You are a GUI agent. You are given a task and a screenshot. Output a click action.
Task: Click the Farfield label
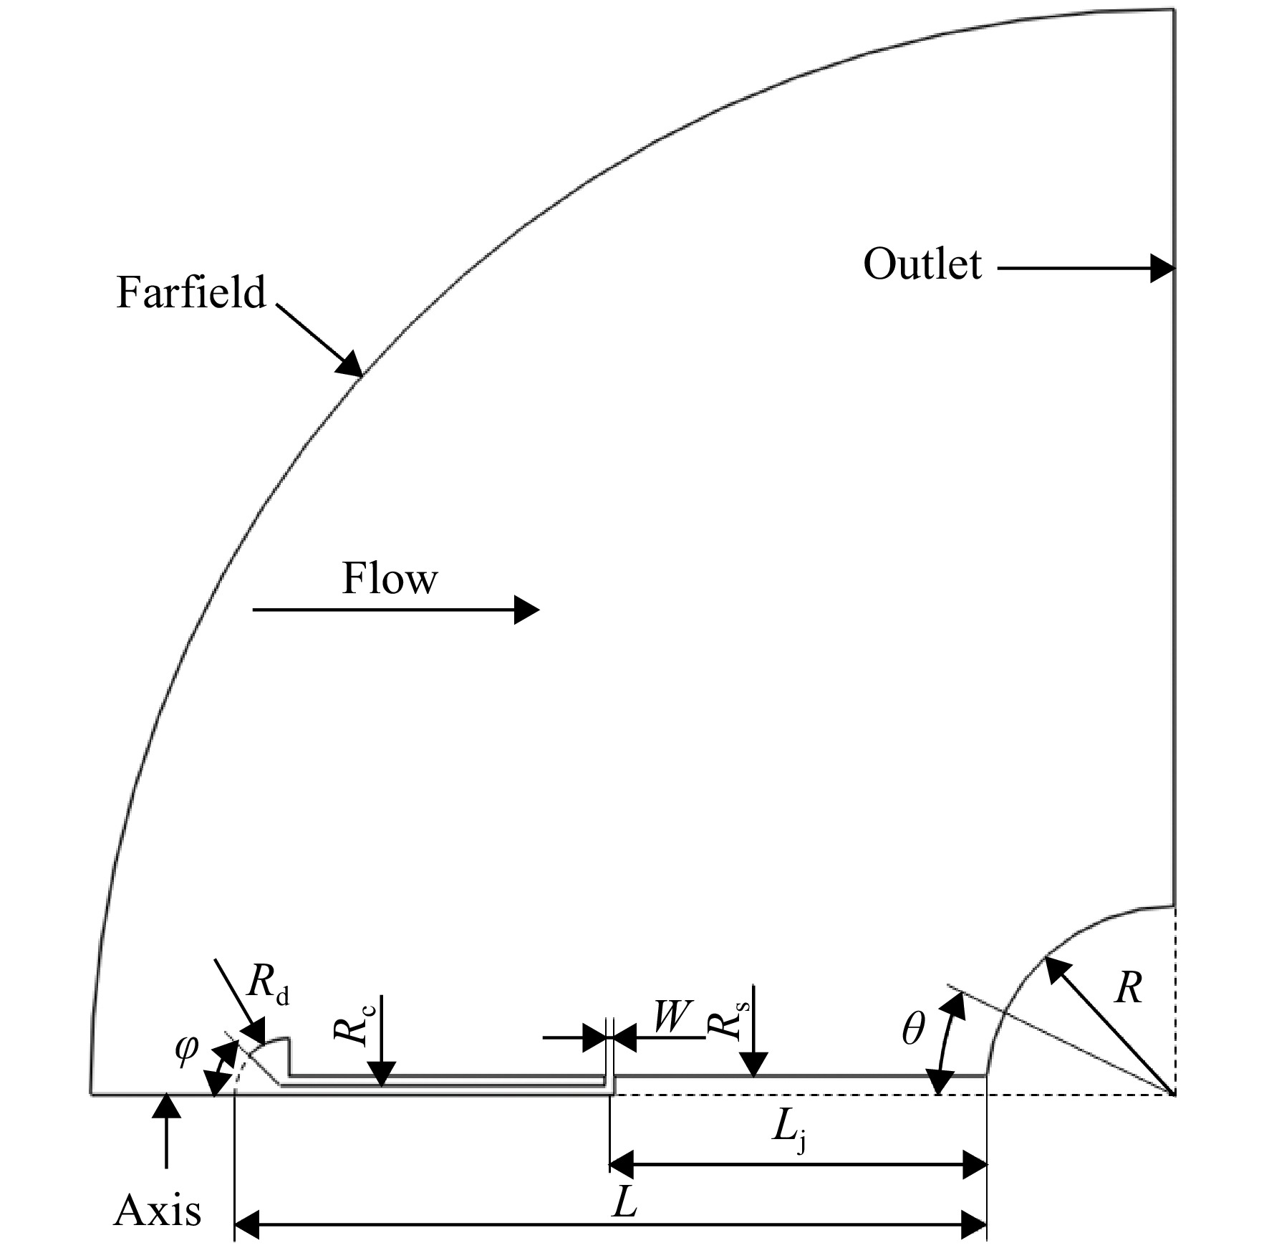coord(190,292)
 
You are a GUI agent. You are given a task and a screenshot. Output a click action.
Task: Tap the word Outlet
coord(922,264)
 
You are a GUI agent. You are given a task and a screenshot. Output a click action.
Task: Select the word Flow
coord(390,578)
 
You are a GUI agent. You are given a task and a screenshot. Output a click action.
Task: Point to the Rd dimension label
coord(268,986)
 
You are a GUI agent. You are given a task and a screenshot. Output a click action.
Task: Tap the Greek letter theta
coord(913,1029)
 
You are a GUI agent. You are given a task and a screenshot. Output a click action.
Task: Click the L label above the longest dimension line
coord(624,1204)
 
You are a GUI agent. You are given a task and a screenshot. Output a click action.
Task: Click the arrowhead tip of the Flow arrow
coord(539,610)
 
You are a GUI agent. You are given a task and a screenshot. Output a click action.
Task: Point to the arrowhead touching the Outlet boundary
coord(1174,269)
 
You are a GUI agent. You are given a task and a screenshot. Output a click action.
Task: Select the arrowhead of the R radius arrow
coord(1046,957)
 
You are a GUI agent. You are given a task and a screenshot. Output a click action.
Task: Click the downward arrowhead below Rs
coord(753,1076)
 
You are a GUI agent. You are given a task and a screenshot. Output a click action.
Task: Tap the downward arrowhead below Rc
coord(382,1086)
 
